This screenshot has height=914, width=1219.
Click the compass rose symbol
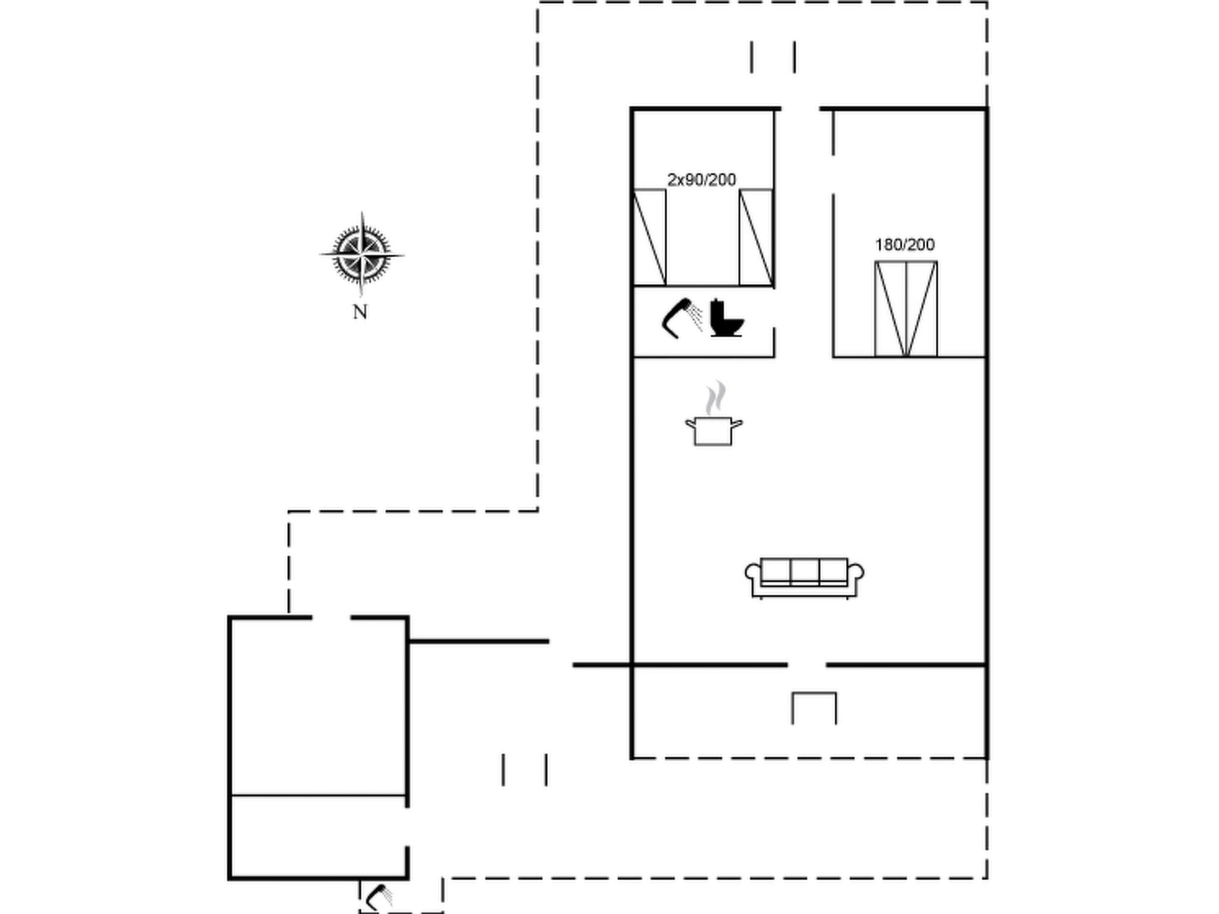(361, 255)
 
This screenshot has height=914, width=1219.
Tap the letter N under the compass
(360, 312)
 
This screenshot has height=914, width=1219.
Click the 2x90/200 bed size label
(702, 180)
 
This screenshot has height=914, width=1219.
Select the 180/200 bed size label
(905, 245)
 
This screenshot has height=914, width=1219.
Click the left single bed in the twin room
(649, 237)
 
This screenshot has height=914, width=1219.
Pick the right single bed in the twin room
(756, 237)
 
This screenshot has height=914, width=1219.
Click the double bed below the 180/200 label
(906, 309)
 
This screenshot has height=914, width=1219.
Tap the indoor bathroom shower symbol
(682, 317)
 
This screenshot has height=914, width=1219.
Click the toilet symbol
(727, 320)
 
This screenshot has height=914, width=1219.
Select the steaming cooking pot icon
(713, 430)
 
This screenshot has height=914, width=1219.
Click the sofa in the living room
(804, 577)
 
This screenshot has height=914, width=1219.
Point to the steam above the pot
(715, 398)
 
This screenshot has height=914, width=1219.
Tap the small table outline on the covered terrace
(814, 707)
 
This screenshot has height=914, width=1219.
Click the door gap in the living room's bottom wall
(807, 665)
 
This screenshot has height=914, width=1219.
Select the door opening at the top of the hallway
(800, 109)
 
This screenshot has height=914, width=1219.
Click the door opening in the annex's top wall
(331, 618)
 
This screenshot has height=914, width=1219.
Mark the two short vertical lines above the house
(773, 57)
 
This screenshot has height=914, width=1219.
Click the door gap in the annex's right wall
(407, 827)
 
